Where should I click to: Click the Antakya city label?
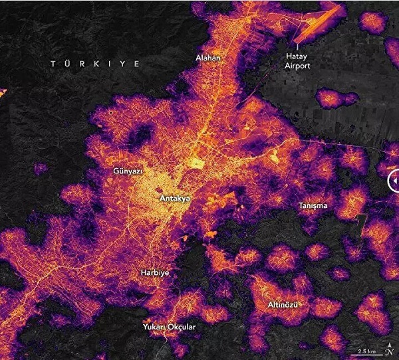click(176, 198)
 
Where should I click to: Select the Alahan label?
click(207, 58)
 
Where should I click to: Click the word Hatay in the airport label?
click(297, 56)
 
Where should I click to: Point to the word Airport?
click(297, 66)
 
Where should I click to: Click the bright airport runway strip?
click(315, 24)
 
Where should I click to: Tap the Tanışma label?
click(313, 205)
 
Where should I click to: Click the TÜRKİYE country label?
click(96, 64)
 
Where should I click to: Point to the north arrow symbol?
click(390, 349)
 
